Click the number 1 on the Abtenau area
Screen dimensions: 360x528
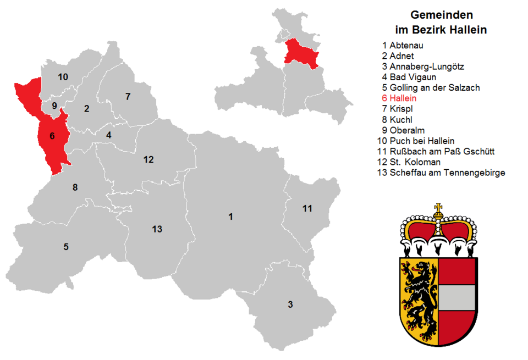tap(230, 217)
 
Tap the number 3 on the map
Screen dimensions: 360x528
tap(290, 304)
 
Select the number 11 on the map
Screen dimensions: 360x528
tap(307, 208)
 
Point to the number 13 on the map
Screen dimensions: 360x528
tap(157, 229)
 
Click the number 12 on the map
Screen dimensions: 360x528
tap(148, 160)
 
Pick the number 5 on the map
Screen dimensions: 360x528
tap(66, 247)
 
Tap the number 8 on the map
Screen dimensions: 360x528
tap(75, 187)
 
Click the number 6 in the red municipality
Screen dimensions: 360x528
tap(52, 135)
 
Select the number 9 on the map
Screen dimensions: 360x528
tap(54, 105)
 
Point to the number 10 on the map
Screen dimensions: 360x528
tap(63, 77)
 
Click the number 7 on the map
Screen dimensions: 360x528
tap(128, 97)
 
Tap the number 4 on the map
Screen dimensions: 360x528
tap(109, 135)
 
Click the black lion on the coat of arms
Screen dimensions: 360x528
tap(420, 297)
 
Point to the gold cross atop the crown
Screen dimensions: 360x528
tap(438, 209)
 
